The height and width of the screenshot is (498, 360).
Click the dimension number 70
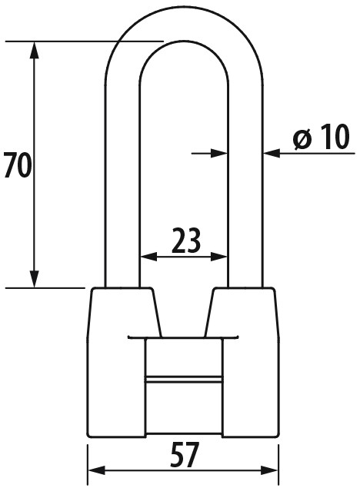coord(18,164)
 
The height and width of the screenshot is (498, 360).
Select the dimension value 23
coord(186,241)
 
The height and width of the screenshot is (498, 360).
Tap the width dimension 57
coord(185,455)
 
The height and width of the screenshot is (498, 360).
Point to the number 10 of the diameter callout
coord(333,137)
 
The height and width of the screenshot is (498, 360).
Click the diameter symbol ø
coord(302,139)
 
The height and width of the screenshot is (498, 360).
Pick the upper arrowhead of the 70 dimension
coord(35,50)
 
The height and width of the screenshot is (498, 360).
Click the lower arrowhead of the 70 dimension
coord(35,279)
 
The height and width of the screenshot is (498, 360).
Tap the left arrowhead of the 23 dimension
coord(148,257)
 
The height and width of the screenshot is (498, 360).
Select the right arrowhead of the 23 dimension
coord(219,257)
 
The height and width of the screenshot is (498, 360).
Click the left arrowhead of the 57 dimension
coord(96,470)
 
